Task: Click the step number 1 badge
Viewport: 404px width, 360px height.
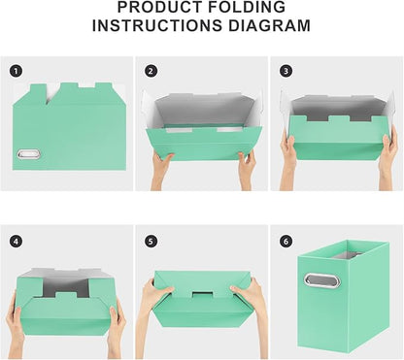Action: [15, 70]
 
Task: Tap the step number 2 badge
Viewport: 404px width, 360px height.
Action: [151, 70]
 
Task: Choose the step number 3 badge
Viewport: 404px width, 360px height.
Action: [286, 70]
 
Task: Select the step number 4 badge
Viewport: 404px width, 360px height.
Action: [15, 240]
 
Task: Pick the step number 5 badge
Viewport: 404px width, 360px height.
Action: [151, 240]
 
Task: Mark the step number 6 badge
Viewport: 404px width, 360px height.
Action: [286, 240]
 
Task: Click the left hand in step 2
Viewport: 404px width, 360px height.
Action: [161, 167]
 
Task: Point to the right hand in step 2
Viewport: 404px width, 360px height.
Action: [246, 167]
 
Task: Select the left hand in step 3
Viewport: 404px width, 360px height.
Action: [288, 150]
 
